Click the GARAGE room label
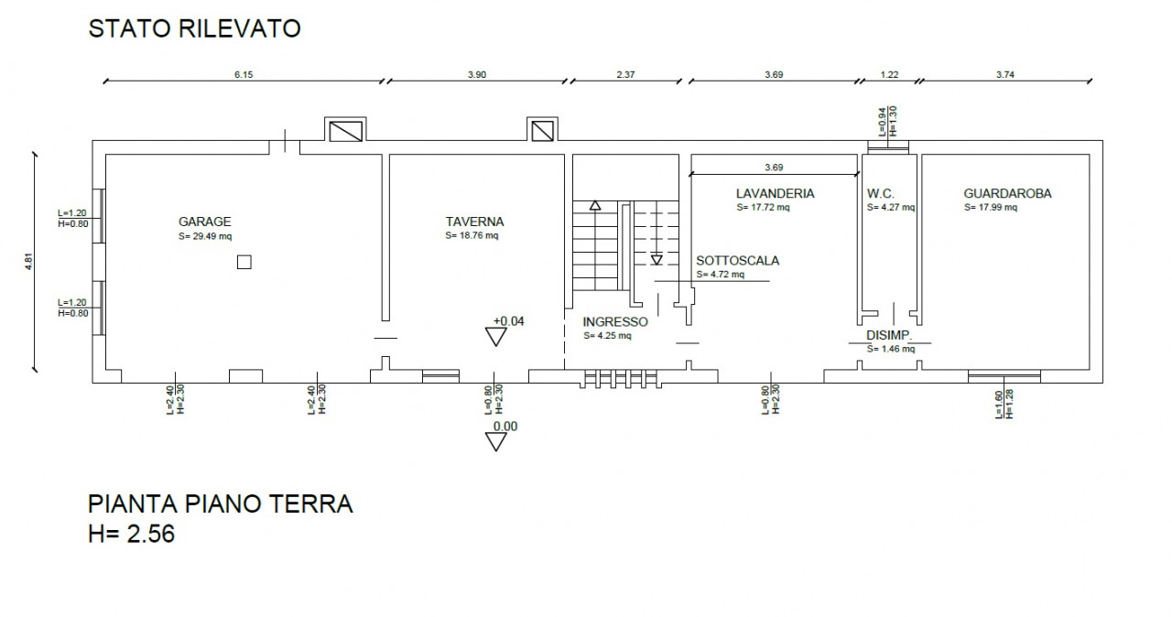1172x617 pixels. tap(204, 222)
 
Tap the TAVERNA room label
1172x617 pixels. tap(474, 222)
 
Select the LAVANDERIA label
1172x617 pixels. tap(775, 193)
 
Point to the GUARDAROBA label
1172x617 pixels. tap(1007, 193)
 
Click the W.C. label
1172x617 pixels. tap(881, 193)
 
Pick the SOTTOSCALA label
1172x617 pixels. tap(737, 260)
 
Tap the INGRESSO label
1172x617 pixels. tap(615, 321)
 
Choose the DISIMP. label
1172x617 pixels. tap(889, 335)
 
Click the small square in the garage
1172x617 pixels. tap(244, 262)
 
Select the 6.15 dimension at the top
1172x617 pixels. tap(244, 75)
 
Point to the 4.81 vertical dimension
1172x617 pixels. tap(29, 262)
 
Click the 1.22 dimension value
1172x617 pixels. tap(889, 75)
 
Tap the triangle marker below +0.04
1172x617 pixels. tap(496, 337)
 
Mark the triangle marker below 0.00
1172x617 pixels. tap(496, 442)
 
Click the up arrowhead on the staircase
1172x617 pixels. tap(595, 205)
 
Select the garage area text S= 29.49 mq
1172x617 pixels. tap(205, 236)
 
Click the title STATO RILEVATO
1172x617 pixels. tap(195, 28)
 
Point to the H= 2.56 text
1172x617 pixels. tap(131, 534)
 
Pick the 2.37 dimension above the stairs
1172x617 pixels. tap(625, 75)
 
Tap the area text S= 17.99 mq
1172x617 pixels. tap(991, 208)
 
